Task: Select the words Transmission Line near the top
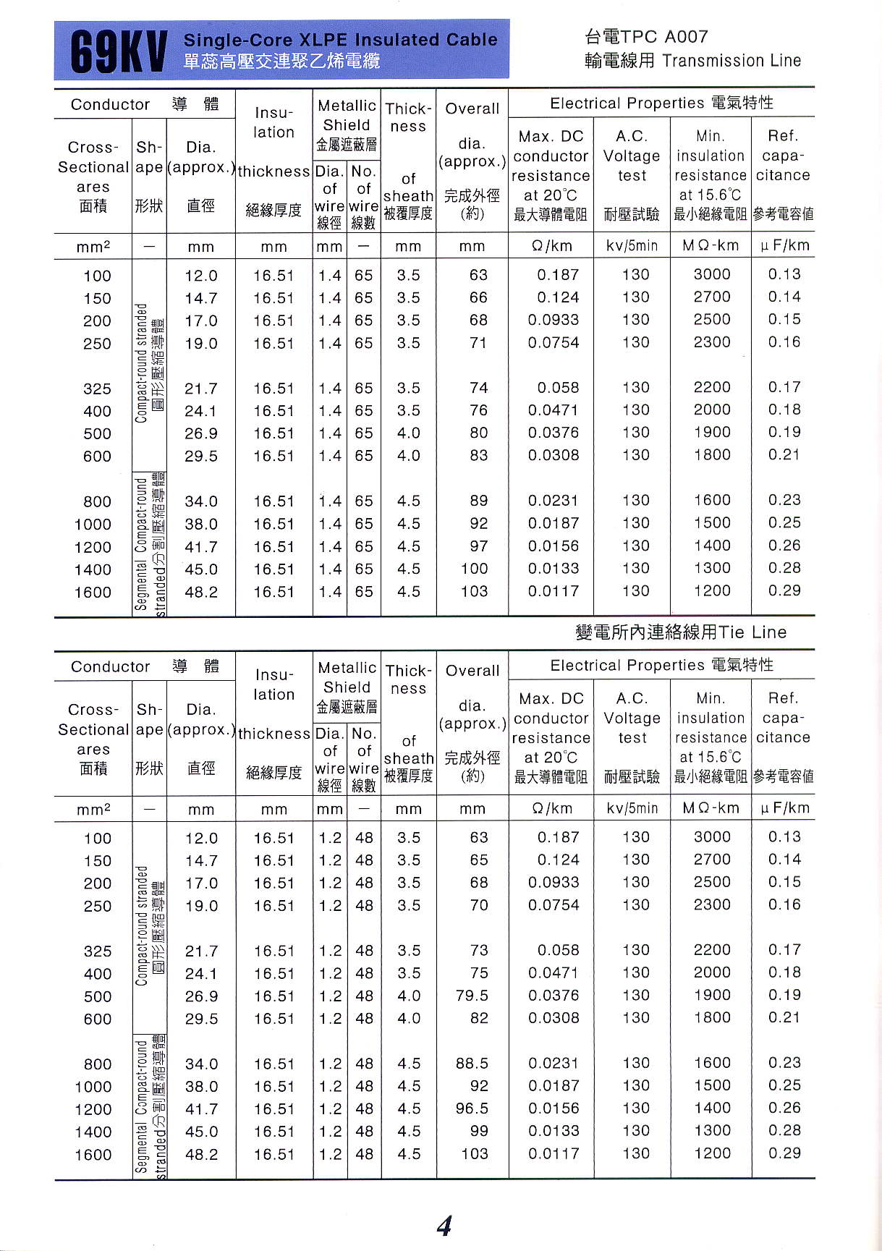point(732,61)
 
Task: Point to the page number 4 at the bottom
point(444,1226)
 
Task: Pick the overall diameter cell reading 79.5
point(472,996)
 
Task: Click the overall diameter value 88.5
point(472,1064)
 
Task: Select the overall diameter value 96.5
point(472,1108)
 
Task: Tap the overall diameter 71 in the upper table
point(478,343)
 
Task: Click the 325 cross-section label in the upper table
point(97,389)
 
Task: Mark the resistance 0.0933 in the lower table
point(554,883)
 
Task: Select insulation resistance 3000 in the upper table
point(712,275)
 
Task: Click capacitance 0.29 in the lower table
point(784,1153)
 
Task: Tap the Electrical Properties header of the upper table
point(661,103)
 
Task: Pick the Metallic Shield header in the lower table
point(347,677)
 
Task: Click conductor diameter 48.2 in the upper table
point(201,592)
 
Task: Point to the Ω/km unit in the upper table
point(551,246)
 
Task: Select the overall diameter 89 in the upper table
point(478,501)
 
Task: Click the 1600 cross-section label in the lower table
point(93,1155)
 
